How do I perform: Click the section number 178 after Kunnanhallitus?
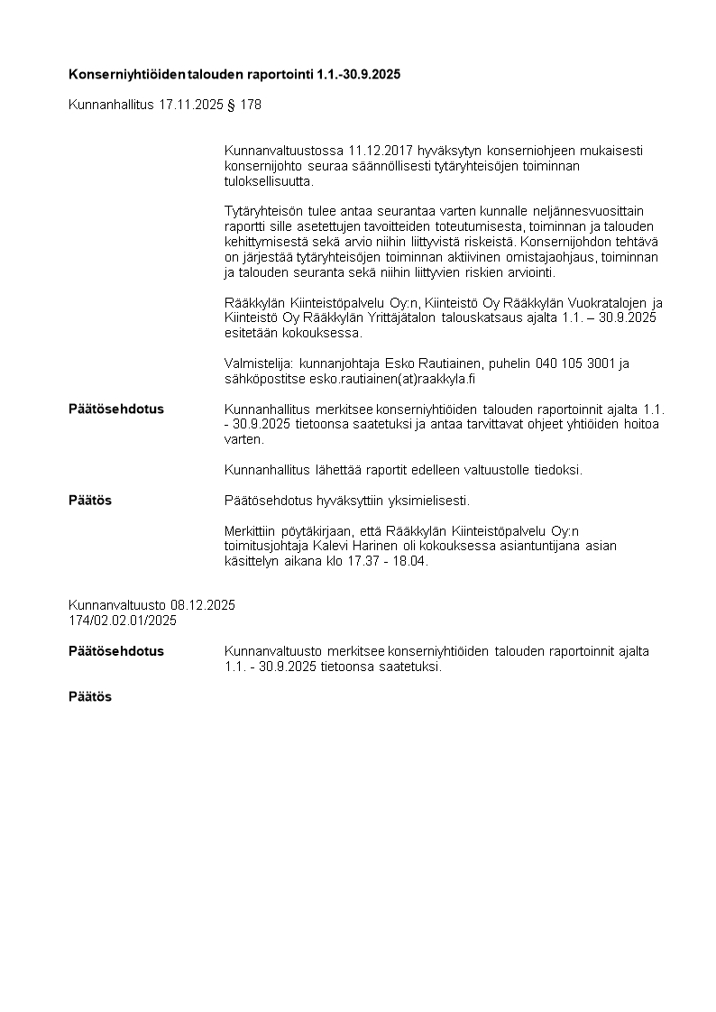[251, 105]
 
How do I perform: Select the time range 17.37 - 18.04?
[372, 561]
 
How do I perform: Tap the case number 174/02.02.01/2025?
[123, 621]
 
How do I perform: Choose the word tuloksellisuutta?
[269, 180]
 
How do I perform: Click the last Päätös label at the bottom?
[90, 697]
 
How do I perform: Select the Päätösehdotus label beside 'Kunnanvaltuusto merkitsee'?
[116, 651]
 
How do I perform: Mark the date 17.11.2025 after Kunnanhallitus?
[190, 105]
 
